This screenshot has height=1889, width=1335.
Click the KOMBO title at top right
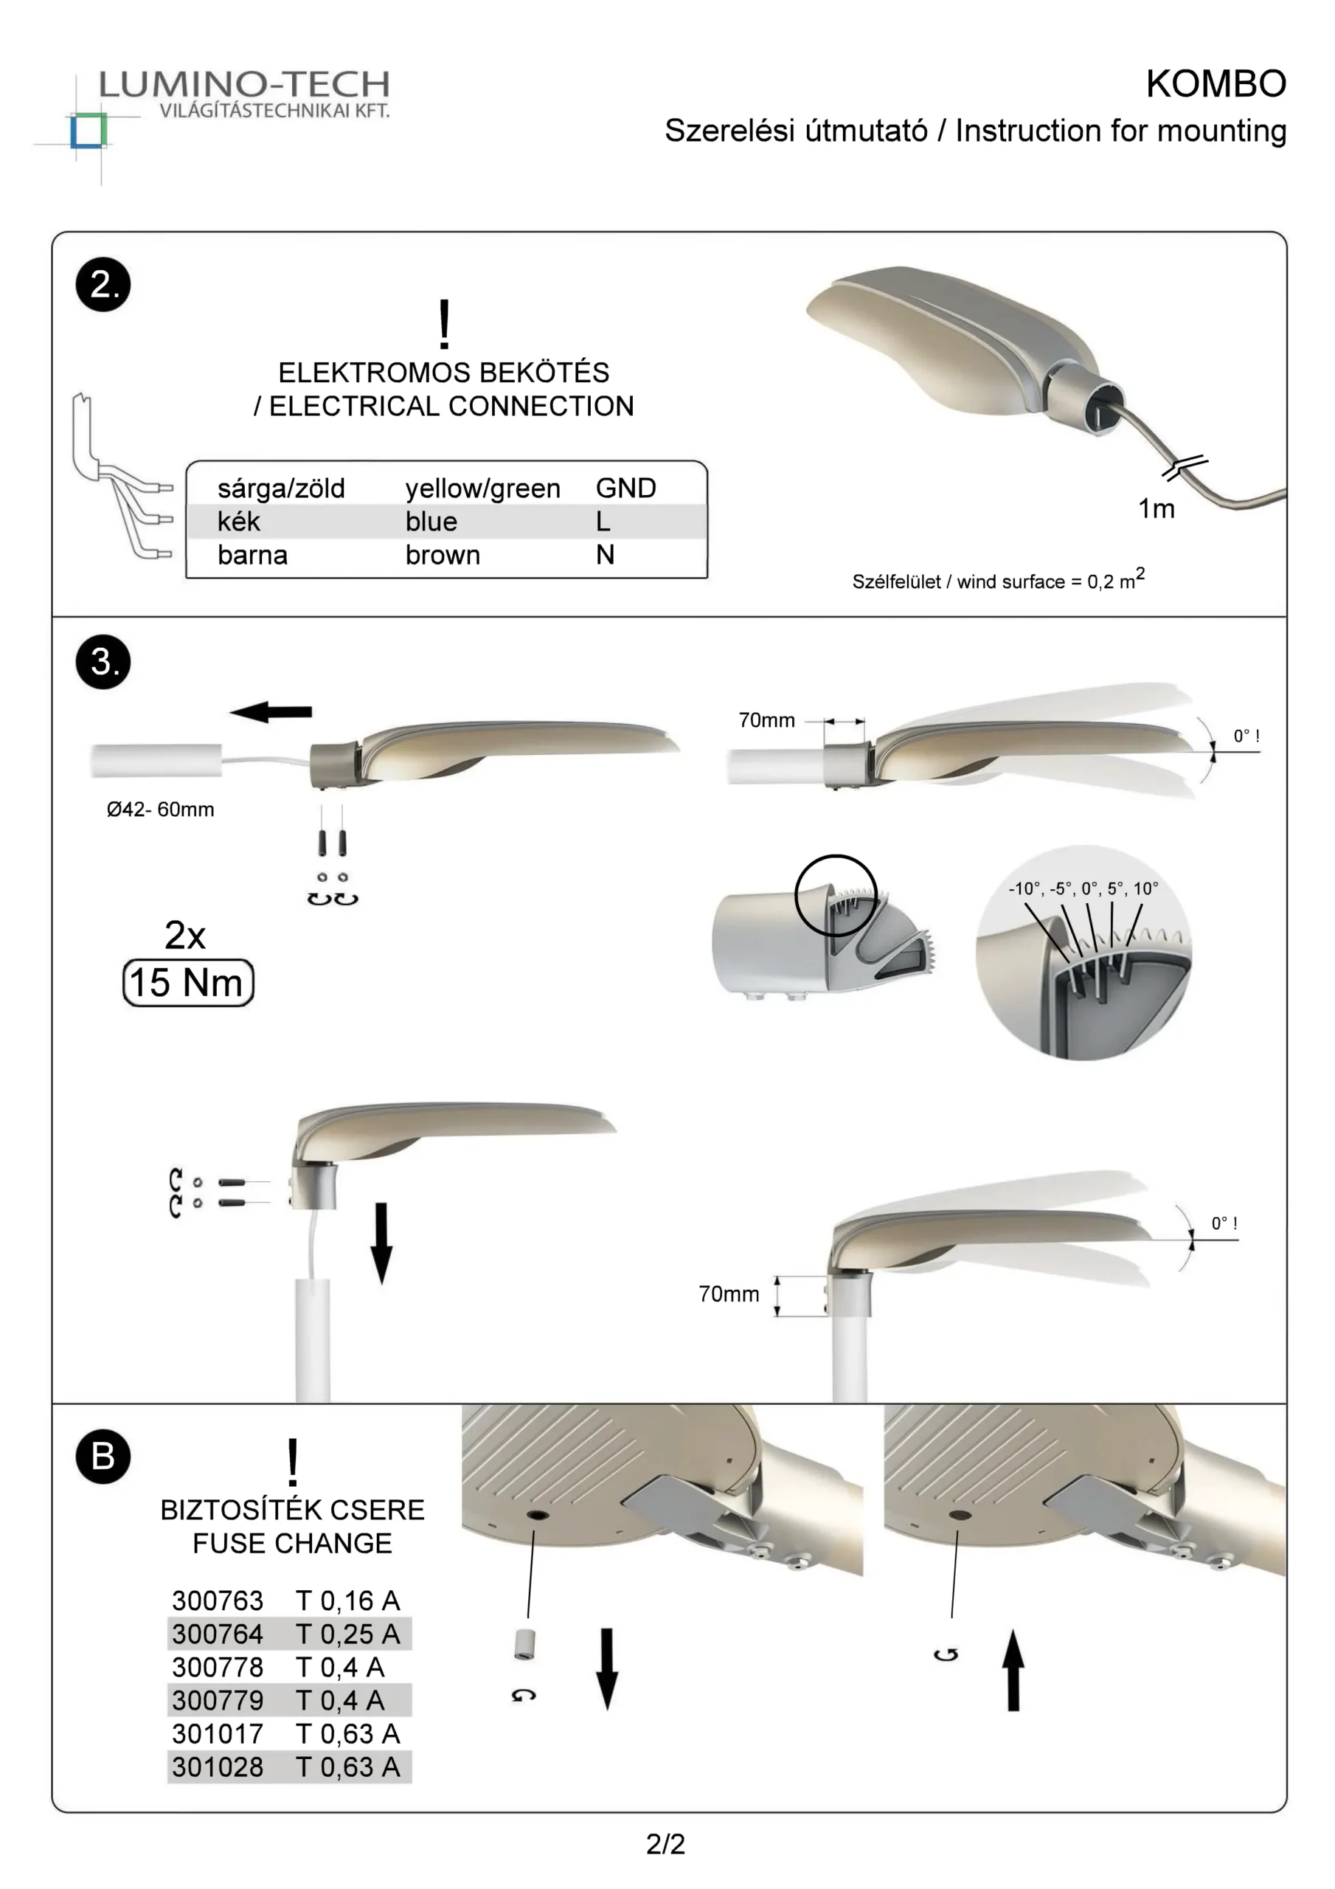[1215, 84]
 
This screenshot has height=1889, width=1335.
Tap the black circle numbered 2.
[103, 285]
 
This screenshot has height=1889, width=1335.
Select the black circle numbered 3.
[103, 661]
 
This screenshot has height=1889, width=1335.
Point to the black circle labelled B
[103, 1457]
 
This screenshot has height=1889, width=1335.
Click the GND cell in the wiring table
[625, 488]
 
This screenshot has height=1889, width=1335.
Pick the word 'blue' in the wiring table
[431, 522]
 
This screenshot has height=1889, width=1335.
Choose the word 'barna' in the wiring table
[252, 556]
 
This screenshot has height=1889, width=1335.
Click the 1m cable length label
[1156, 509]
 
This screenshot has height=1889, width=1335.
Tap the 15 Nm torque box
[187, 982]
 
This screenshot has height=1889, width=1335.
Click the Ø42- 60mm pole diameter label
[160, 809]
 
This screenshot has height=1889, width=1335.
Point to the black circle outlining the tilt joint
[835, 895]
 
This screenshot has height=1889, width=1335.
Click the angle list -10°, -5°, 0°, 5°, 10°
[1083, 888]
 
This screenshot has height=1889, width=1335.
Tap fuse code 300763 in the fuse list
[217, 1600]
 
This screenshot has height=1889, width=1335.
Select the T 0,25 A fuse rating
[347, 1634]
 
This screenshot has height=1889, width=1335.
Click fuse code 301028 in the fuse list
[217, 1767]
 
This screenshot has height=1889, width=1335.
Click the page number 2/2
[665, 1845]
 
